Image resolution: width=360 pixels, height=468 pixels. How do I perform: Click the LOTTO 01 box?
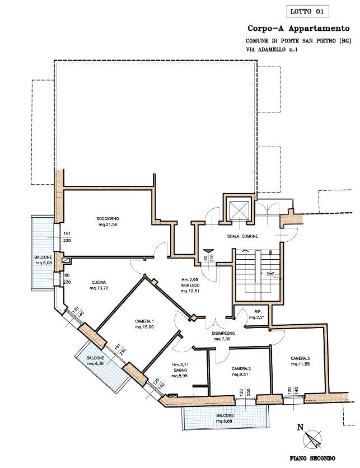click(x=307, y=12)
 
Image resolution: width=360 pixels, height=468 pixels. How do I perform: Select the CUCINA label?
click(x=99, y=282)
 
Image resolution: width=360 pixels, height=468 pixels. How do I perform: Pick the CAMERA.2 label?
click(x=240, y=368)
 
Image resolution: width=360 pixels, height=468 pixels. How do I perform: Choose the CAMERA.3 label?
click(x=300, y=358)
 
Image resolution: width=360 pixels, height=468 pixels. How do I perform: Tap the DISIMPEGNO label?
click(x=223, y=333)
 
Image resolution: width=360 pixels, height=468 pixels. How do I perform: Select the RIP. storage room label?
click(x=258, y=312)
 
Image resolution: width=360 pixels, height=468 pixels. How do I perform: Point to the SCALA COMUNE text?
click(x=242, y=236)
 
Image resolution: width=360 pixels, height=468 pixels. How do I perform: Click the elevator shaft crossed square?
click(x=237, y=211)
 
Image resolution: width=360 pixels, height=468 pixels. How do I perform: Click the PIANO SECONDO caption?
click(x=312, y=458)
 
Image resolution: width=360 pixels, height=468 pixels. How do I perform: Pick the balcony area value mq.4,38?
click(x=95, y=363)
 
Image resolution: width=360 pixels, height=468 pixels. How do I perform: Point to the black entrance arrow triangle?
click(x=207, y=251)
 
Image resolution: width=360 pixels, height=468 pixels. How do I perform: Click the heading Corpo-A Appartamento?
click(x=298, y=29)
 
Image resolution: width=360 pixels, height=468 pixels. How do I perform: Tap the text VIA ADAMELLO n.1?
click(x=272, y=50)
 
